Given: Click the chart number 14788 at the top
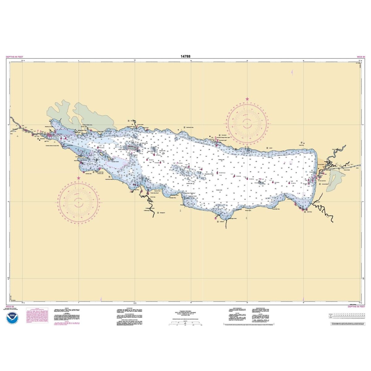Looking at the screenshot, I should [185, 57].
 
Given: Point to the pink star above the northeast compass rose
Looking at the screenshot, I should [247, 99].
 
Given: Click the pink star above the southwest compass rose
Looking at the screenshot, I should [79, 178].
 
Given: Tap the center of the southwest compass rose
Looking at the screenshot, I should [79, 201].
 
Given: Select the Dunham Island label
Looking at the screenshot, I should [115, 162].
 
